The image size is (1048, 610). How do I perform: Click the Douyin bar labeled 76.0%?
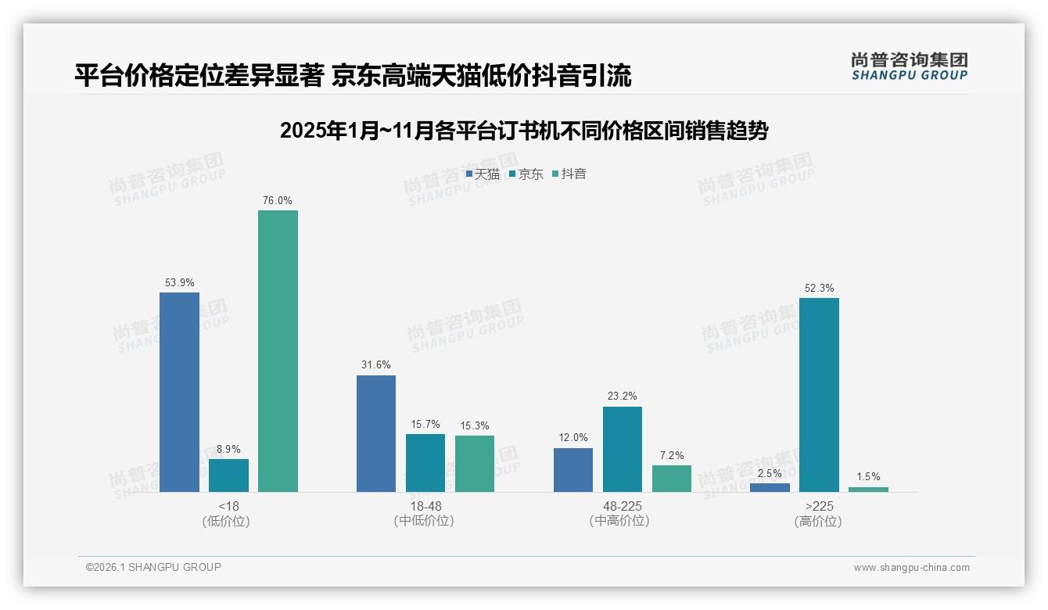point(278,351)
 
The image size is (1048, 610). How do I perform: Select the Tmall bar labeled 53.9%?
point(179,392)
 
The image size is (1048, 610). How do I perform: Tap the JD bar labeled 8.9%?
point(228,475)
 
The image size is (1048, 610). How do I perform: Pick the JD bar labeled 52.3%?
point(819,395)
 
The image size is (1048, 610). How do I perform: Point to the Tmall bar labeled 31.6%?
point(376,433)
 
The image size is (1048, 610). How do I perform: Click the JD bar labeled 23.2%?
point(623,449)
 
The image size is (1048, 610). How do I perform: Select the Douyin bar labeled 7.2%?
point(672,479)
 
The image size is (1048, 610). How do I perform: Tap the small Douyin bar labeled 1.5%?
point(868,490)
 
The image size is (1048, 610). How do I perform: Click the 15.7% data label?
point(425,425)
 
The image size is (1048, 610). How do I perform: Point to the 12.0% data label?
point(573,438)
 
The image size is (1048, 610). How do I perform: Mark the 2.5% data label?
point(770,473)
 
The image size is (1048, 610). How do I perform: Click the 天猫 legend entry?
point(483,174)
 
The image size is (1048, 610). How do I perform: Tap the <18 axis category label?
point(229,506)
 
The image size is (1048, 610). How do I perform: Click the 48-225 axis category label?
point(623,506)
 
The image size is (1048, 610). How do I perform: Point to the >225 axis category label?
point(819,506)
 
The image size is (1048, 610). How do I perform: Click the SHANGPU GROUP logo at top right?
point(909,66)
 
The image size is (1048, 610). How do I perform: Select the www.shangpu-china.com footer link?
point(911,568)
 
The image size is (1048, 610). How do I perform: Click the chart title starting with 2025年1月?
point(524,131)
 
